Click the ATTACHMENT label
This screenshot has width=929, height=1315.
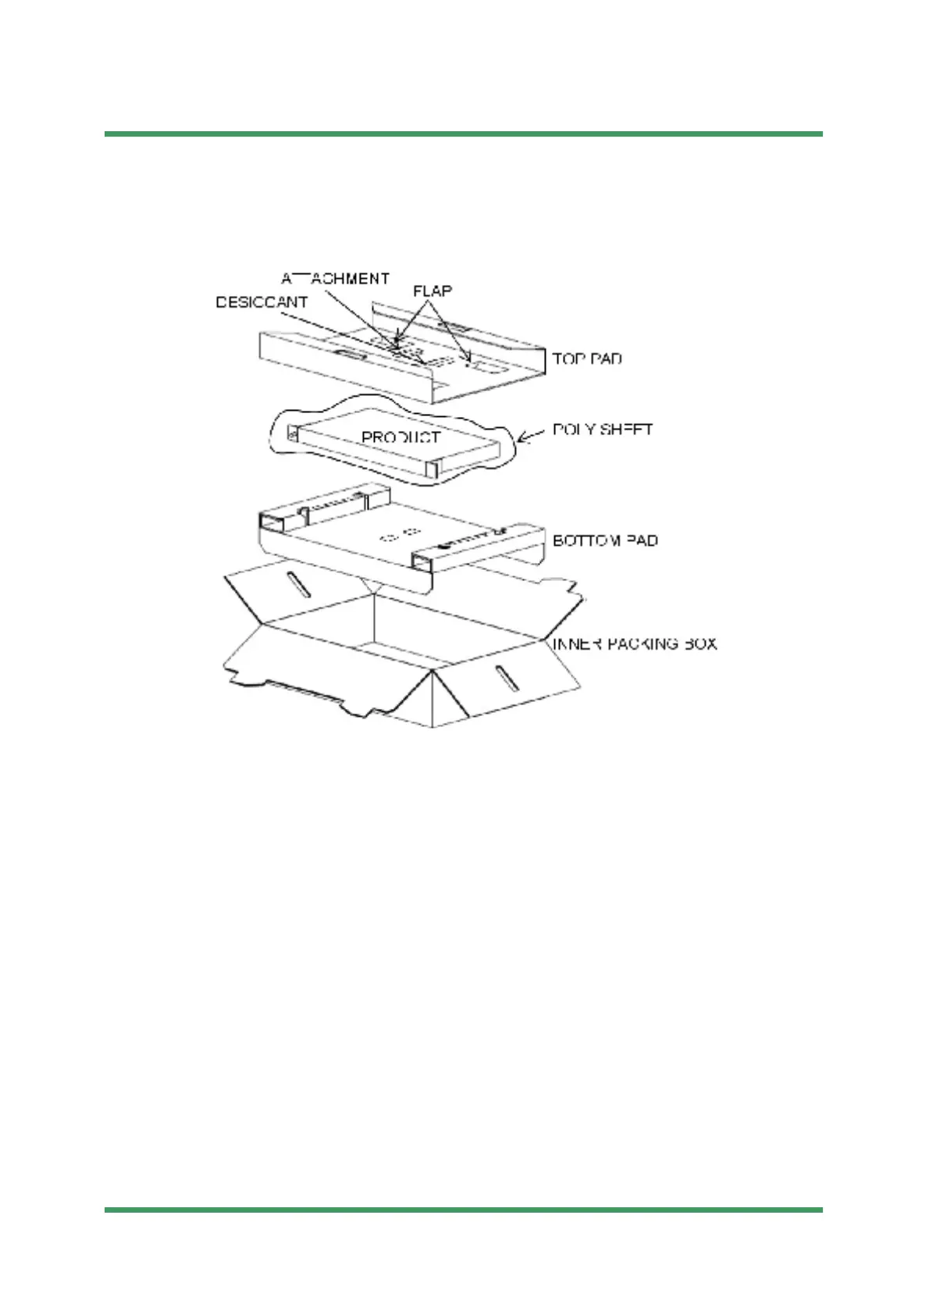335,279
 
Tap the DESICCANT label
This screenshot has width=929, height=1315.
262,302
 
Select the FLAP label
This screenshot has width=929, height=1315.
432,291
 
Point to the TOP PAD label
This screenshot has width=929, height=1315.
587,359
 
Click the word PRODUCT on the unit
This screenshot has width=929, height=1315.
400,437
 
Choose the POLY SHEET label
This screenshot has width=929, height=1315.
603,429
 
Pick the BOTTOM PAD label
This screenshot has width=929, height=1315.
605,540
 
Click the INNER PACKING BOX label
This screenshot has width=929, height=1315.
635,644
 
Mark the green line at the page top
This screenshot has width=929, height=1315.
464,134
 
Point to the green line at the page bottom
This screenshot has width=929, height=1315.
464,1210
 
